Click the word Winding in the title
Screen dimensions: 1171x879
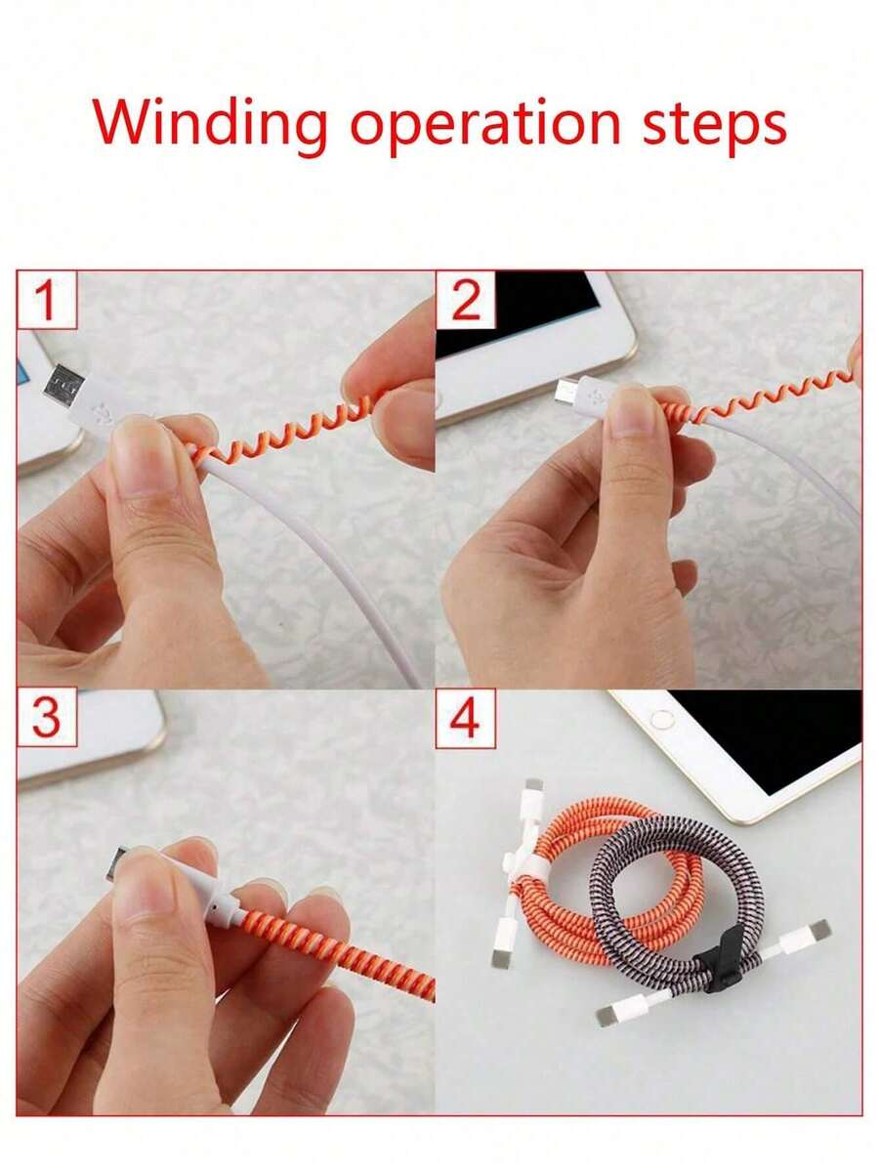210,123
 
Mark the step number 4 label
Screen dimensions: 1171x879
466,718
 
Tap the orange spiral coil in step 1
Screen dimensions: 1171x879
283,425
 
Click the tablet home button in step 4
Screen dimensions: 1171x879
663,720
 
